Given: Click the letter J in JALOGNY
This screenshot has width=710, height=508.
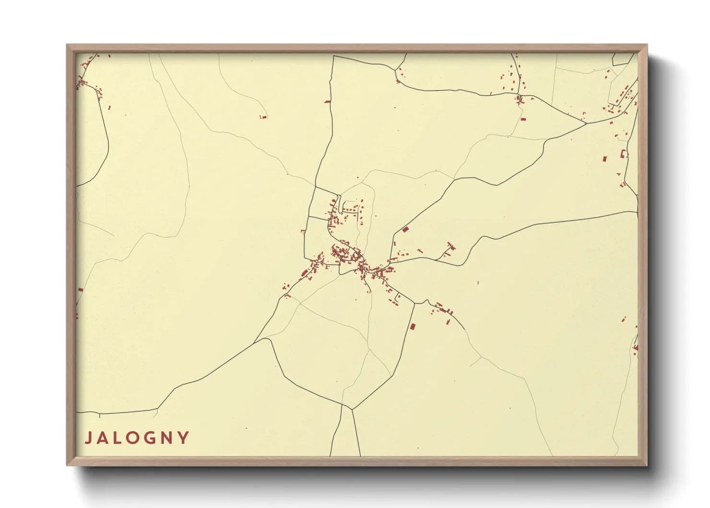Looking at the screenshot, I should (x=89, y=438).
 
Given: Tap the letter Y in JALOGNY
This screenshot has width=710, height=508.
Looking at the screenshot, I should (x=183, y=438).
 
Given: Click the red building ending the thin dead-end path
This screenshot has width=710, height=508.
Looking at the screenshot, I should (x=263, y=117).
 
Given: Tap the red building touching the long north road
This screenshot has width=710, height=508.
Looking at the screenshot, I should (x=328, y=101).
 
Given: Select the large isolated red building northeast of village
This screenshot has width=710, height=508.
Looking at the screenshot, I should (x=405, y=230).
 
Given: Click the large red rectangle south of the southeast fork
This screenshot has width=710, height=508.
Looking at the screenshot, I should (x=412, y=327).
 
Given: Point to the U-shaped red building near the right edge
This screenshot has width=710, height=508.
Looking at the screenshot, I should (x=624, y=154).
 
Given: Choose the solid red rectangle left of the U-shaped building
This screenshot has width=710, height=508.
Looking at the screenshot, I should (x=604, y=158).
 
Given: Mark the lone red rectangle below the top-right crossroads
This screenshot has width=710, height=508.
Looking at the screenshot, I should (x=523, y=118).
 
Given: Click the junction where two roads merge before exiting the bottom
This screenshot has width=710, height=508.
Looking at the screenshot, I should (x=352, y=409).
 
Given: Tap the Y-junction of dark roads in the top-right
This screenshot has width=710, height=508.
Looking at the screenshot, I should (x=586, y=123).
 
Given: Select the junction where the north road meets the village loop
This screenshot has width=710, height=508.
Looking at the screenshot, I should (x=316, y=187).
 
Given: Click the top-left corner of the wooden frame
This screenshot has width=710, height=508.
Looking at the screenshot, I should (x=67, y=45).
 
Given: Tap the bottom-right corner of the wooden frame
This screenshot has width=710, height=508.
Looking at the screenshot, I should (x=646, y=465).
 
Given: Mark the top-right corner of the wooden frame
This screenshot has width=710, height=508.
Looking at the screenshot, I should (x=646, y=45).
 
